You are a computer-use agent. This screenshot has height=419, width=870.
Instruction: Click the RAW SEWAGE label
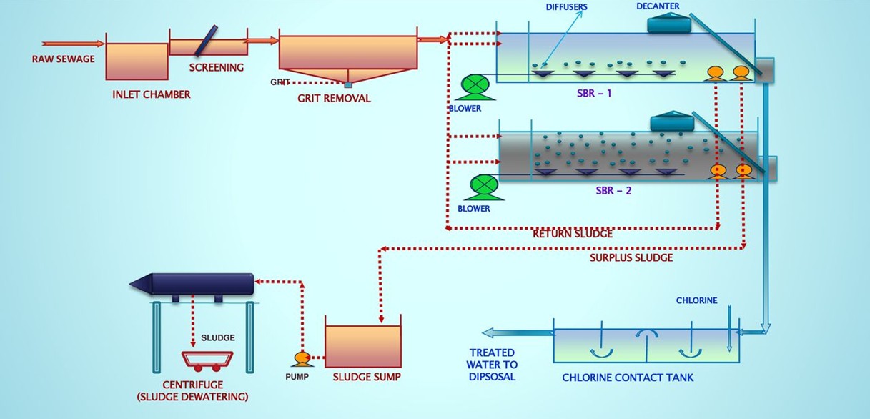click(63, 59)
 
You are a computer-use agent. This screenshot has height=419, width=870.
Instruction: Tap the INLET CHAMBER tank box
click(137, 61)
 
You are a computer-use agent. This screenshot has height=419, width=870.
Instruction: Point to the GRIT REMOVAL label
click(334, 99)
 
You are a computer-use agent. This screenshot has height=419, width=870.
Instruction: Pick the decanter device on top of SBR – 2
click(672, 122)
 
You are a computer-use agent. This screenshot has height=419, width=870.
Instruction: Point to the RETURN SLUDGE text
click(573, 234)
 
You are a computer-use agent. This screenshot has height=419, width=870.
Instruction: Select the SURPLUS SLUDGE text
click(631, 257)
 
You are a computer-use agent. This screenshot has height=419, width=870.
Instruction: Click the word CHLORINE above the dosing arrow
click(696, 301)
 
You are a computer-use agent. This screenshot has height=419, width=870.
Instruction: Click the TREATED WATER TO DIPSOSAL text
click(492, 365)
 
